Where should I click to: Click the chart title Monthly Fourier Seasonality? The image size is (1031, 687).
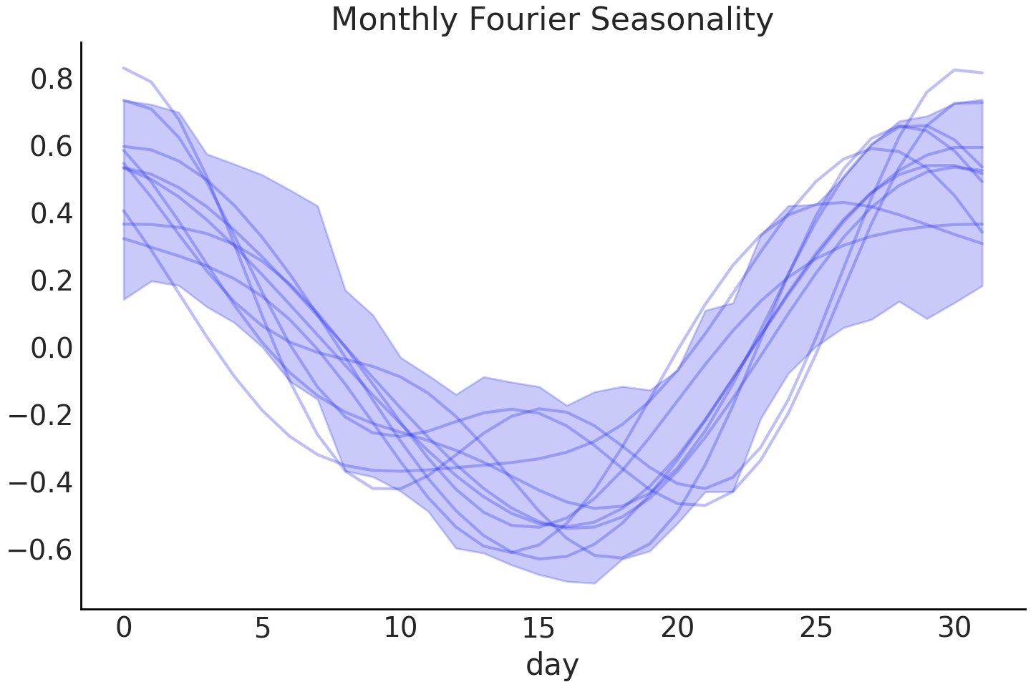pyautogui.click(x=552, y=20)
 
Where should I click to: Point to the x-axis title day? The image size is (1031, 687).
pyautogui.click(x=552, y=665)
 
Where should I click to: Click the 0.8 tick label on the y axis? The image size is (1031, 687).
pyautogui.click(x=52, y=79)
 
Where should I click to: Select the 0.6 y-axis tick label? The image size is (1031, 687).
pyautogui.click(x=52, y=147)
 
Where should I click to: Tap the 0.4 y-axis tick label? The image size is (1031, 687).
pyautogui.click(x=52, y=214)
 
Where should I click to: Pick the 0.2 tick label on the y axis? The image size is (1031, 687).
pyautogui.click(x=52, y=281)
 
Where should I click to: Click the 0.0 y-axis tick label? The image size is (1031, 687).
pyautogui.click(x=52, y=349)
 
